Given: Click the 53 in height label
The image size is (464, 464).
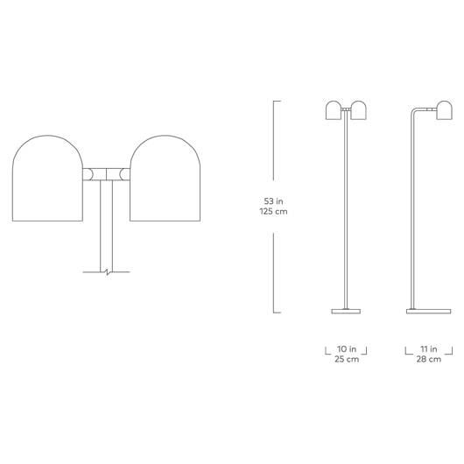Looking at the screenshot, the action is (273, 201).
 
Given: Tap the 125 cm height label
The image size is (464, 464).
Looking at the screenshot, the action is (273, 211).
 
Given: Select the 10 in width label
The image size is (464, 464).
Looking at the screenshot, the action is (347, 349).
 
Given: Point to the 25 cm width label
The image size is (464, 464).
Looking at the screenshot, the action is (347, 359).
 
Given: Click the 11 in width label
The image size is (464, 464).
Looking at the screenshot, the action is (429, 349).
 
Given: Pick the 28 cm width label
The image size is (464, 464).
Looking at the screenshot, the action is (429, 359).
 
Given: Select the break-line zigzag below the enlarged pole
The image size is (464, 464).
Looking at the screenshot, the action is (107, 271).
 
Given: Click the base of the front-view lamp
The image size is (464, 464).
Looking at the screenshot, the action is (346, 311).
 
